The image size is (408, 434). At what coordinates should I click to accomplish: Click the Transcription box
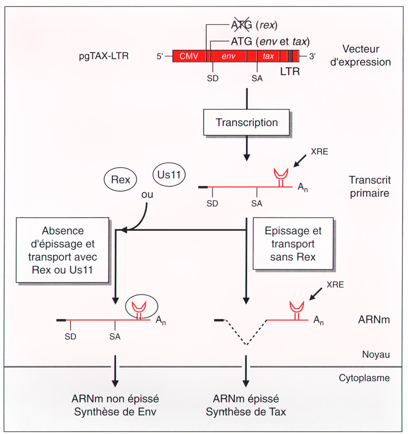click(x=246, y=122)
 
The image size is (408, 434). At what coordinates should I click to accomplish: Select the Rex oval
click(x=120, y=180)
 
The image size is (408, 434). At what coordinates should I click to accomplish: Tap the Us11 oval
click(x=169, y=175)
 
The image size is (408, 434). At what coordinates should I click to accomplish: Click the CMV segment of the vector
click(x=189, y=56)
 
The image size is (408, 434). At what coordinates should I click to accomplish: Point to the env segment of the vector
click(x=229, y=56)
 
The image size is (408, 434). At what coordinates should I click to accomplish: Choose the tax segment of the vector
click(x=268, y=56)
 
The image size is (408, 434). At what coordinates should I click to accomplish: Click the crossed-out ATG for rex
click(x=242, y=25)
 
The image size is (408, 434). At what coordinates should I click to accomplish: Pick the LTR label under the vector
click(x=290, y=71)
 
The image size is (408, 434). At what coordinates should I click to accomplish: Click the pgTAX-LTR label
click(x=104, y=56)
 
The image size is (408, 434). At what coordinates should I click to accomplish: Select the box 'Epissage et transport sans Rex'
click(x=293, y=243)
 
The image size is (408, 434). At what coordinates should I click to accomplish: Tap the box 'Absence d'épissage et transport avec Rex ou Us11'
click(x=62, y=250)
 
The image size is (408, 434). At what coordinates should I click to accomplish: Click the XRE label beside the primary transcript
click(x=319, y=152)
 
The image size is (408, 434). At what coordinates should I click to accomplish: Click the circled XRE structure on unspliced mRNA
click(x=142, y=307)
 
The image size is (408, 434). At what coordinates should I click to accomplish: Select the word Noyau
click(x=376, y=354)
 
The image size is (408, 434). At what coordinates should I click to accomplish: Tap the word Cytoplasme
click(x=364, y=378)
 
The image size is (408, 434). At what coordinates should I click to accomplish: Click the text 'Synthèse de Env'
click(x=115, y=412)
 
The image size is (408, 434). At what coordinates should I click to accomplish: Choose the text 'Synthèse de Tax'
click(x=246, y=412)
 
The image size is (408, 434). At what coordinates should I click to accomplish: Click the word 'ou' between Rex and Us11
click(x=147, y=194)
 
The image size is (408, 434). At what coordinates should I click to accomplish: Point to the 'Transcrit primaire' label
click(x=370, y=186)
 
